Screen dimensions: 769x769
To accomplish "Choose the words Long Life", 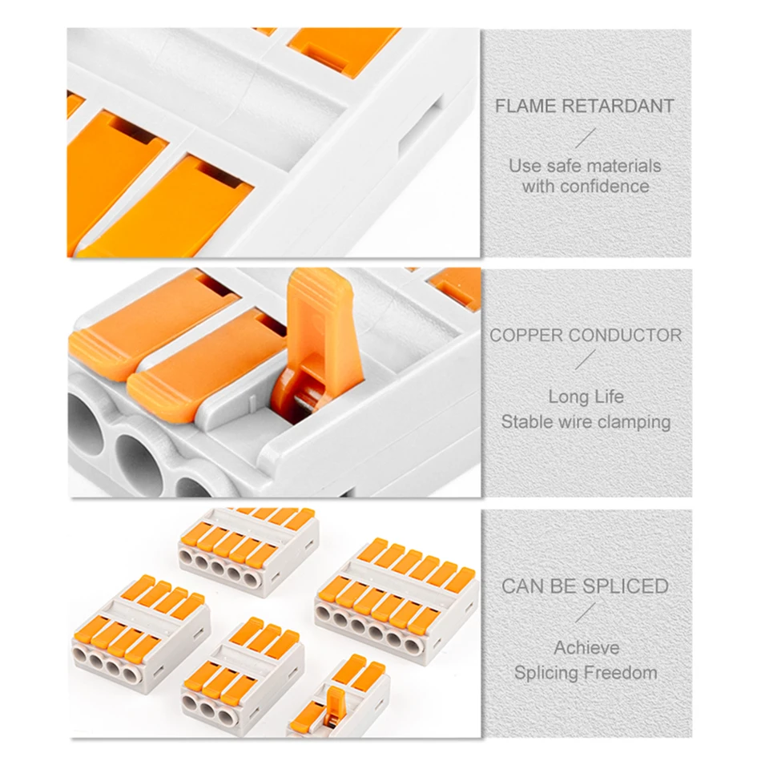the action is point(586,397).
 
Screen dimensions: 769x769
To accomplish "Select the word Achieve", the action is point(586,648).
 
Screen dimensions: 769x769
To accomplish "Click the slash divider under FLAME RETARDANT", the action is point(586,138).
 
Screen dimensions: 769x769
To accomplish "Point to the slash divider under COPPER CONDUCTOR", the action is point(586,360).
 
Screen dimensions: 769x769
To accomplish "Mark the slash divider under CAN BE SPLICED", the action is point(586,613).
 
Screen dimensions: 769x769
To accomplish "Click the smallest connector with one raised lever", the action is point(340,699).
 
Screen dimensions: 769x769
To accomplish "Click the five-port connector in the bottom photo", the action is point(248,550).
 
